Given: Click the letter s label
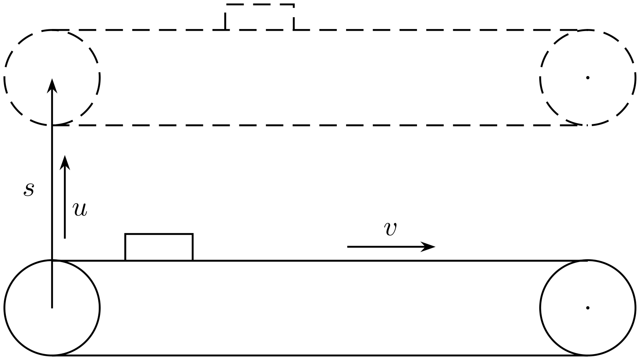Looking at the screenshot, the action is click(x=29, y=189).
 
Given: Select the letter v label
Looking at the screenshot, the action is click(x=390, y=229).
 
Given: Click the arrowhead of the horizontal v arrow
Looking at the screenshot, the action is click(x=429, y=247).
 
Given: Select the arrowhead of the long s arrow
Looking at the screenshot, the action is click(x=52, y=86).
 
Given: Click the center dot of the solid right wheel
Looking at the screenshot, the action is click(x=588, y=308).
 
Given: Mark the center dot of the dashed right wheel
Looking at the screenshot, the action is click(x=588, y=77).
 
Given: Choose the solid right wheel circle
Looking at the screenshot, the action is click(x=540, y=308).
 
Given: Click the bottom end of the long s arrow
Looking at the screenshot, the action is click(x=52, y=308).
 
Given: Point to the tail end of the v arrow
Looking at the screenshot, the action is click(x=348, y=247).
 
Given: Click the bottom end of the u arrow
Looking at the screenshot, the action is click(x=65, y=238).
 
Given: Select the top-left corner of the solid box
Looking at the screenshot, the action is click(x=126, y=234).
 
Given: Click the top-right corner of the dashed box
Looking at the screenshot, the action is click(x=294, y=4).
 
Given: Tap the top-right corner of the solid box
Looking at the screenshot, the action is click(x=193, y=234).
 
